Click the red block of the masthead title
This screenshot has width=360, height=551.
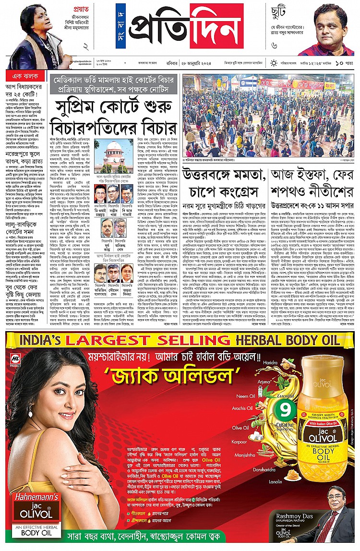tap(216, 26)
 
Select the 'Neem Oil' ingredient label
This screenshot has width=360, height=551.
tap(245, 396)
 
